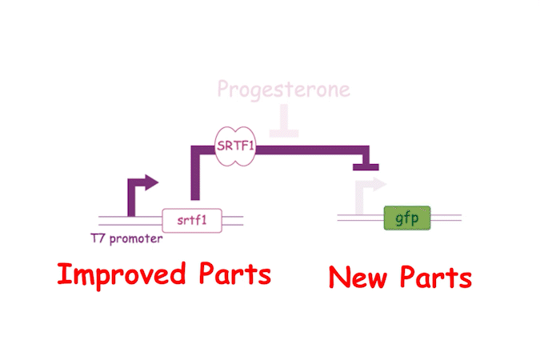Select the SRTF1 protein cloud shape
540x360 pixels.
[x=236, y=146]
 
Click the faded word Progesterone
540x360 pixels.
[x=284, y=89]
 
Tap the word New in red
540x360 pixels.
[x=357, y=278]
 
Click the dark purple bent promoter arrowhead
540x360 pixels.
[x=150, y=183]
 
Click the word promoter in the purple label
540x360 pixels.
[x=137, y=238]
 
